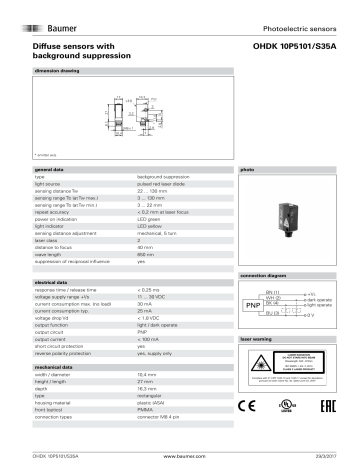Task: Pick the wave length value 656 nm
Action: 148,254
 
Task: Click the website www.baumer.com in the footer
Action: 180,457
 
